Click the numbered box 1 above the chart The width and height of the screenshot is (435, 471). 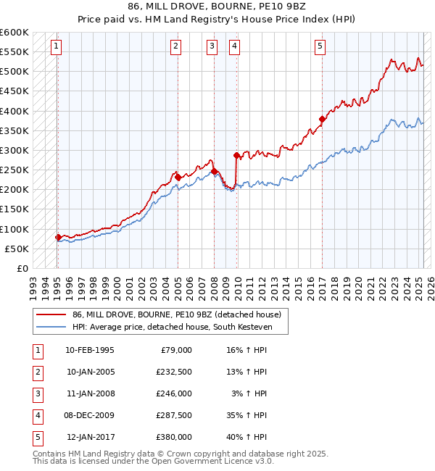coord(57,46)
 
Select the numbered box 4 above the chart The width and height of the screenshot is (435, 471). coord(235,46)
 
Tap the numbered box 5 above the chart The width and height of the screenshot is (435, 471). coord(320,46)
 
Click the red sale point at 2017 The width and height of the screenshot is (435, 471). coord(322,119)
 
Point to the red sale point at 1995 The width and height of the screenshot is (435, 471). coord(58,237)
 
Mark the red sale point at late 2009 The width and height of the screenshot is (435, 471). coord(236,155)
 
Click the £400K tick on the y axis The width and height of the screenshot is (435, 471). coord(14,111)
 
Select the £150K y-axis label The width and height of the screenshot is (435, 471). coord(14,209)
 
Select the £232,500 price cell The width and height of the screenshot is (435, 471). coord(174,372)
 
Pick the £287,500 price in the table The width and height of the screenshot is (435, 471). coord(174,416)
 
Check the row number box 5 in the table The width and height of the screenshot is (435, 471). coord(36,438)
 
